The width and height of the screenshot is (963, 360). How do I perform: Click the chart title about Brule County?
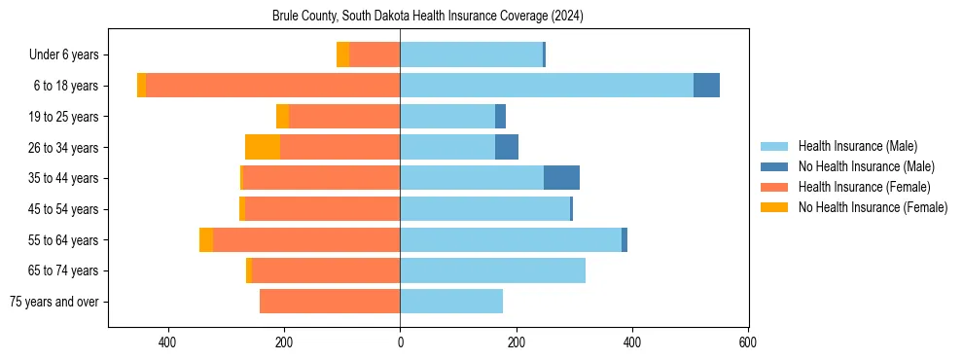(427, 16)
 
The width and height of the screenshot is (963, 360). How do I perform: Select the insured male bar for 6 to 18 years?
(546, 86)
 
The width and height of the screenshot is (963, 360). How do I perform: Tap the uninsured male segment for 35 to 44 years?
(561, 178)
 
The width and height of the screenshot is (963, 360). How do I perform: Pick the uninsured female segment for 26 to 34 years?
(263, 147)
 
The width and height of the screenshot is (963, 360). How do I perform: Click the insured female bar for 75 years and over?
(330, 302)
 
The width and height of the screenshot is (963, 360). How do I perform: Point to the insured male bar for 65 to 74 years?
(492, 270)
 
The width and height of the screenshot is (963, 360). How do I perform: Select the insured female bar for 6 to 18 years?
(287, 86)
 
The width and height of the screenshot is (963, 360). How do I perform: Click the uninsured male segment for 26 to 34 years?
(507, 147)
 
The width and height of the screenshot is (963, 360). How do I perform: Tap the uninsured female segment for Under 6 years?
(342, 54)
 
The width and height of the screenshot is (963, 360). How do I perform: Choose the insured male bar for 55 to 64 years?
(511, 239)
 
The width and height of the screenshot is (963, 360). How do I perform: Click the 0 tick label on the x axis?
(400, 342)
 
